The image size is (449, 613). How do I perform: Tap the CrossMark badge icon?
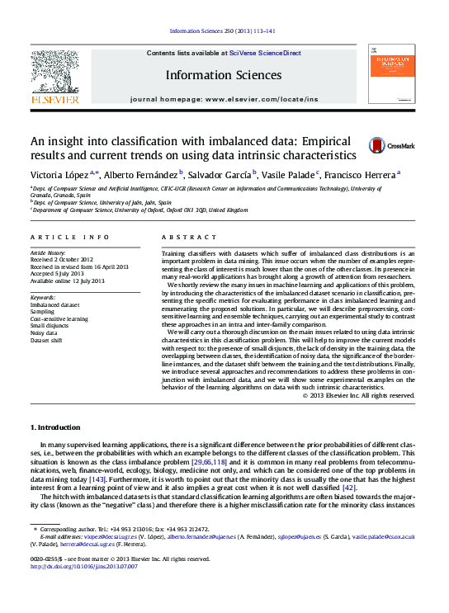pyautogui.click(x=377, y=144)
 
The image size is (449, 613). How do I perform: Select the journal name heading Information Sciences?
pyautogui.click(x=223, y=75)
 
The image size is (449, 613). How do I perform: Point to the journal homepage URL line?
pyautogui.click(x=223, y=99)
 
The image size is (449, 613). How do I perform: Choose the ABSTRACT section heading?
pyautogui.click(x=182, y=237)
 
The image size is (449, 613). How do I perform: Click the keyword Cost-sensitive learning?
pyautogui.click(x=59, y=318)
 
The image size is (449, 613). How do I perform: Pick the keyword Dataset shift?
pyautogui.click(x=48, y=340)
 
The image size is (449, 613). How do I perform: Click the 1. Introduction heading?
pyautogui.click(x=55, y=427)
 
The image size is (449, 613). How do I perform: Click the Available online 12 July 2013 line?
pyautogui.click(x=67, y=281)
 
